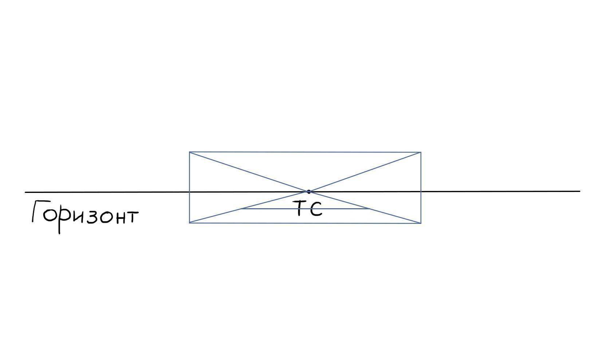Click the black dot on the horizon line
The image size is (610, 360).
click(x=308, y=192)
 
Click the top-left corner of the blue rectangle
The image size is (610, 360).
click(x=189, y=152)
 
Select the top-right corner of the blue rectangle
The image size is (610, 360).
click(x=421, y=153)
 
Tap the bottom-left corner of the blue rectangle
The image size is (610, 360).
click(x=189, y=223)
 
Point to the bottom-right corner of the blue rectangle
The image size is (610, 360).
click(x=421, y=223)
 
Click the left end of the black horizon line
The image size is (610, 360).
click(x=25, y=193)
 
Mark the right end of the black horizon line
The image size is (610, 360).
click(x=580, y=191)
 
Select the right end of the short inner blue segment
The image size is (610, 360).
click(x=369, y=209)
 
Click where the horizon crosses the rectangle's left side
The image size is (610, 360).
click(x=189, y=192)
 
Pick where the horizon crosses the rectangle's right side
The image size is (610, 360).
click(x=421, y=191)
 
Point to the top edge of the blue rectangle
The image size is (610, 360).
click(x=305, y=152)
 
